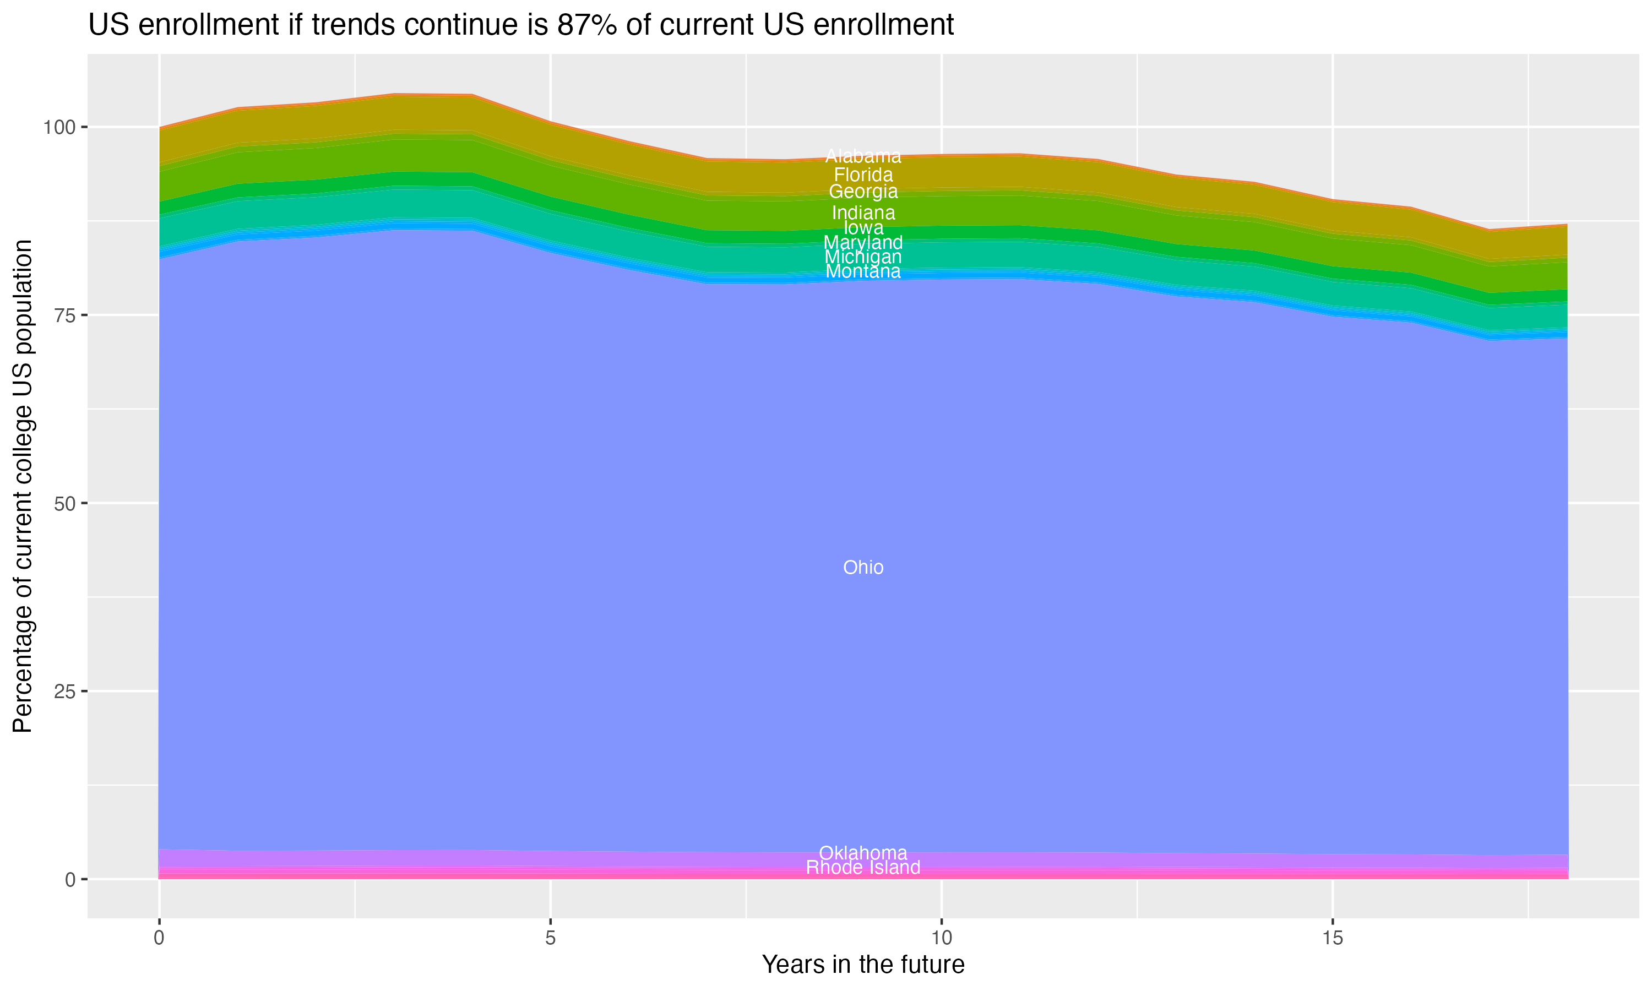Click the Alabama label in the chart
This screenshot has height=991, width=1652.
click(x=863, y=157)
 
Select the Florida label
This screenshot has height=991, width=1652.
click(x=863, y=175)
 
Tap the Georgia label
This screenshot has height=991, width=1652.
click(x=863, y=192)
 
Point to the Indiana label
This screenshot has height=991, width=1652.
click(x=863, y=213)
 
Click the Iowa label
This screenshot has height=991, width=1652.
click(x=863, y=228)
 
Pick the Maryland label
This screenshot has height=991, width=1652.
click(x=863, y=242)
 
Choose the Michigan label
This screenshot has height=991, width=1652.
click(x=863, y=257)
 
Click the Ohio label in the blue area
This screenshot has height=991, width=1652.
click(x=863, y=568)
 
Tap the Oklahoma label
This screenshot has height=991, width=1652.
click(x=863, y=853)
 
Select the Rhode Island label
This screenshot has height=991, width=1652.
click(x=863, y=868)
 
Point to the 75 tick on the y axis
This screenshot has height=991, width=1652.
click(x=65, y=315)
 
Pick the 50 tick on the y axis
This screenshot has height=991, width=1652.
click(x=65, y=504)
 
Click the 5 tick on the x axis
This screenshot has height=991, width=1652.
click(x=550, y=938)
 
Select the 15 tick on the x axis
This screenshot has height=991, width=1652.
click(x=1332, y=938)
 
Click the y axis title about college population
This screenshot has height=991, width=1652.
click(x=23, y=486)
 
